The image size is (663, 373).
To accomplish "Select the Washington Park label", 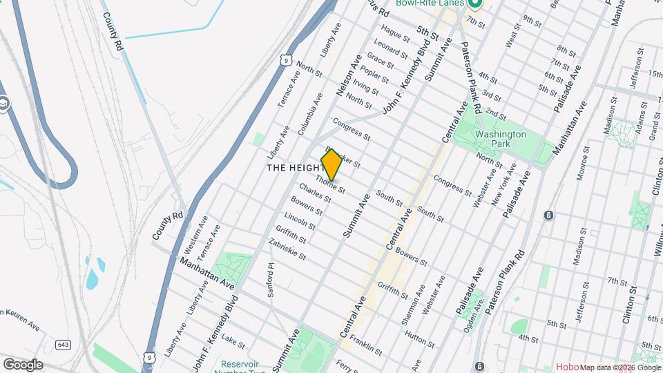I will pos(501,140).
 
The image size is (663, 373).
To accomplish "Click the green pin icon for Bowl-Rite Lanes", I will pos(474,4).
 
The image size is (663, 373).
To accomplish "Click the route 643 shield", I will pos(64,345).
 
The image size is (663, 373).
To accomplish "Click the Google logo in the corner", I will pos(23,364).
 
